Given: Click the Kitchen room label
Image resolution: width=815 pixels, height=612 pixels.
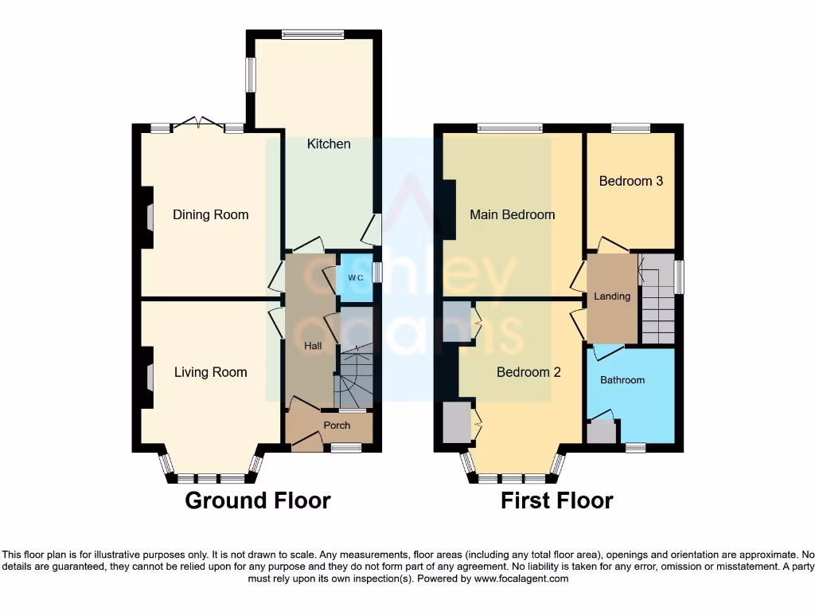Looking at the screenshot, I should pos(329,144).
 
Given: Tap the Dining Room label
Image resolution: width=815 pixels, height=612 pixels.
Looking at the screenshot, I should pos(210,214).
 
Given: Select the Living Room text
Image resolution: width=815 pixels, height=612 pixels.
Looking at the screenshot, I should pos(210,372).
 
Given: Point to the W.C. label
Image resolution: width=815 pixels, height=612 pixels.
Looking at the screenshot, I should pos(355,277).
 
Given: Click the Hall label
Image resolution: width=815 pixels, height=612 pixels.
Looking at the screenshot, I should pos(313,346).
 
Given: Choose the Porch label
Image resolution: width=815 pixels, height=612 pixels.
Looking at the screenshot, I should pos(337,426).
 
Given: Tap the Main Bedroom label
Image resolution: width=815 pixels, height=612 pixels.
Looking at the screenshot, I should pos(512,214).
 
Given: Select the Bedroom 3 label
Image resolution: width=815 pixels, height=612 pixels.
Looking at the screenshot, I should pos(630,181).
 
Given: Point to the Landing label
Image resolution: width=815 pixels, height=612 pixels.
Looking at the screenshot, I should pos(612,296).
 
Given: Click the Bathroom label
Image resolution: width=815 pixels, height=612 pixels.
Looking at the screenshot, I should pos(622,380).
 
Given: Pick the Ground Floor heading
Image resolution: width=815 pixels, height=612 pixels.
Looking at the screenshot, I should pos(257,500).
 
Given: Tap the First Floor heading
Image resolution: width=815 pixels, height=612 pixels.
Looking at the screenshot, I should pos(556,500).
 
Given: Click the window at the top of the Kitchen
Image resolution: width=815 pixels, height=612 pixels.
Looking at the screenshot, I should pos(313,34).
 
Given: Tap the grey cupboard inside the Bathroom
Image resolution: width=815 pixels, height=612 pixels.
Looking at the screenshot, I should pos(601,433).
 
